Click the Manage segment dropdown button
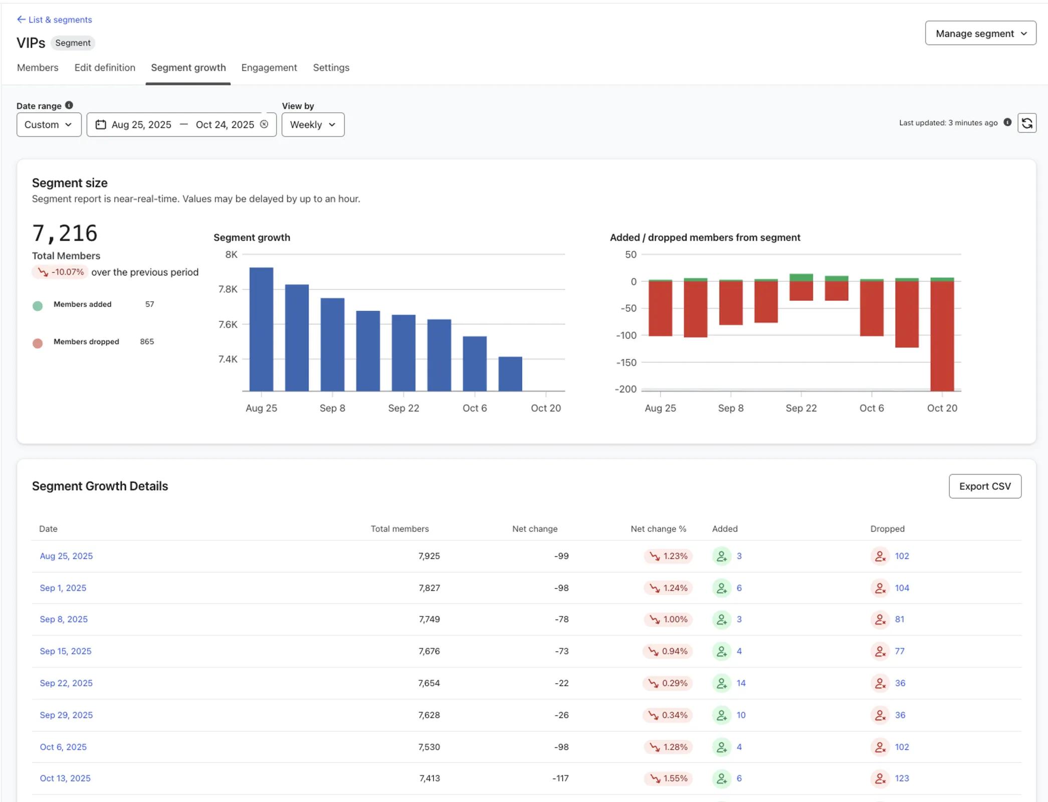click(980, 33)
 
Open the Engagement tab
click(269, 68)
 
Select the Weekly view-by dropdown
click(312, 124)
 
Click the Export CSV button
click(984, 486)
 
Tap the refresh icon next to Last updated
click(1026, 123)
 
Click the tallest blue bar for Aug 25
click(261, 329)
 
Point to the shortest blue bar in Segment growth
click(510, 373)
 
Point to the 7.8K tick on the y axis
click(228, 289)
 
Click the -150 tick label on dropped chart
click(626, 362)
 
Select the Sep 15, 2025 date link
click(66, 651)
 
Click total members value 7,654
click(429, 683)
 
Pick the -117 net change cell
click(560, 778)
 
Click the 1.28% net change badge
click(669, 746)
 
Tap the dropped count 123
click(901, 778)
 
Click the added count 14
click(741, 683)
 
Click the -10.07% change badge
click(61, 272)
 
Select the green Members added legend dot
click(38, 306)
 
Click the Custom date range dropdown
click(49, 124)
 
